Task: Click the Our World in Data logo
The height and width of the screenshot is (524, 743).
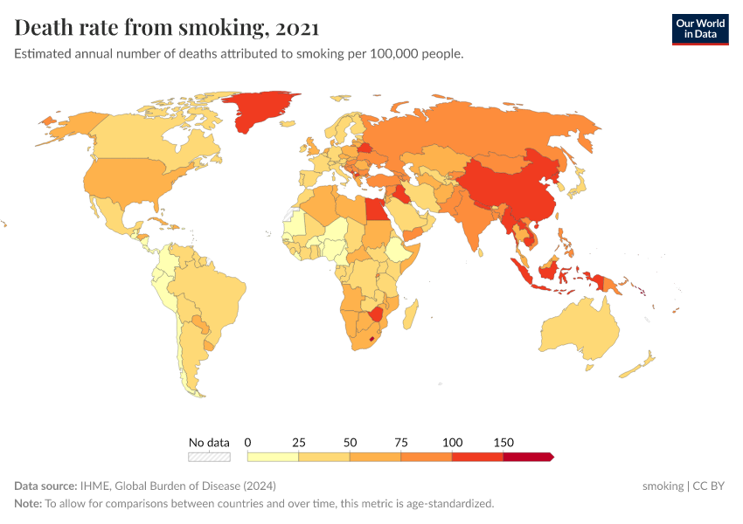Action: point(699,29)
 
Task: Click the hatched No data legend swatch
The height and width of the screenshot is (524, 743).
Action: point(209,457)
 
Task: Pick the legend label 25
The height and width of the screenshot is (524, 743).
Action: point(298,443)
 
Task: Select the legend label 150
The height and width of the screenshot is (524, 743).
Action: point(503,443)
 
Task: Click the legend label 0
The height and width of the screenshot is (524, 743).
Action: point(248,443)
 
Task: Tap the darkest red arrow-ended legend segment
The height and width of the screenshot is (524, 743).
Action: point(527,457)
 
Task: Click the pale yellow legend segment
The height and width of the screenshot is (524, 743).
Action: point(273,457)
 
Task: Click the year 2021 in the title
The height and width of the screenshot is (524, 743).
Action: point(296,28)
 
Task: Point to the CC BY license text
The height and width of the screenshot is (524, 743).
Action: point(709,486)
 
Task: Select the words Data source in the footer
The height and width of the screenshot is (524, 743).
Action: point(45,486)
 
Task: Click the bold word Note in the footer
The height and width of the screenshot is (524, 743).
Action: point(27,504)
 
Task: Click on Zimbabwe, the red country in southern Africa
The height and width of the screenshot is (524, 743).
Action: point(377,314)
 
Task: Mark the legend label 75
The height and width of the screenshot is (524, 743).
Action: point(401,443)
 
